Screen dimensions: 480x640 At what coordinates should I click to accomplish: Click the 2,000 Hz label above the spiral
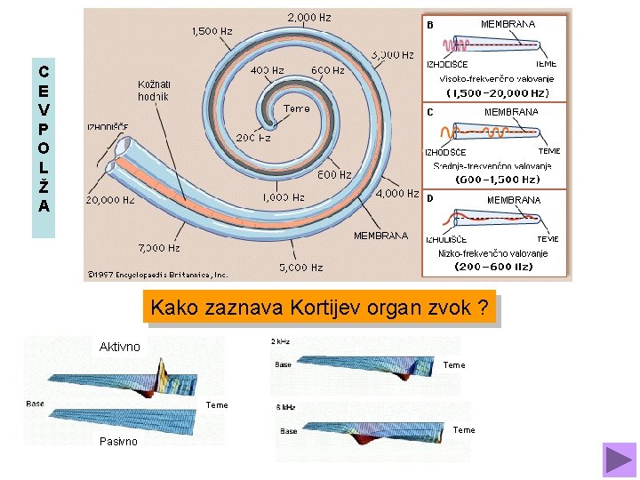[309, 17]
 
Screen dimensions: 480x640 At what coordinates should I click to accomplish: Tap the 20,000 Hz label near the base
[110, 200]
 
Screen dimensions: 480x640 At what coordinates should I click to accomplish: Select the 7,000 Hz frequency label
[159, 248]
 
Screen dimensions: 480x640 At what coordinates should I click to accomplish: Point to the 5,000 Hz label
[301, 267]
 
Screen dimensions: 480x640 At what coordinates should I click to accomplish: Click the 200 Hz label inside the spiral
[252, 138]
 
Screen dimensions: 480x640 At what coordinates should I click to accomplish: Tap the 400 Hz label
[268, 69]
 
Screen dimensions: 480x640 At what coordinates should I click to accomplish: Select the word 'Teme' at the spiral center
[296, 108]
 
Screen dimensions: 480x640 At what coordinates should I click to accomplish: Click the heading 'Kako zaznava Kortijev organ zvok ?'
[319, 308]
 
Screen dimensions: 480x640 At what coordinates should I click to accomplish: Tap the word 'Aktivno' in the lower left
[120, 347]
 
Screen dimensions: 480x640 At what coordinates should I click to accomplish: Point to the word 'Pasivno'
[118, 442]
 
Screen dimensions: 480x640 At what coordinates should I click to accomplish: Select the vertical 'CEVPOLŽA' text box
[44, 137]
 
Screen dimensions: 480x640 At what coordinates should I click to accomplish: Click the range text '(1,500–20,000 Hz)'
[497, 92]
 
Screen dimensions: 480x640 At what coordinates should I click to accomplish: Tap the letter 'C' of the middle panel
[430, 113]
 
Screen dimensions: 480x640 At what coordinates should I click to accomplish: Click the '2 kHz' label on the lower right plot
[280, 341]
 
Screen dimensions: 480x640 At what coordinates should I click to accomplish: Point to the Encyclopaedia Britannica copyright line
[157, 275]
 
